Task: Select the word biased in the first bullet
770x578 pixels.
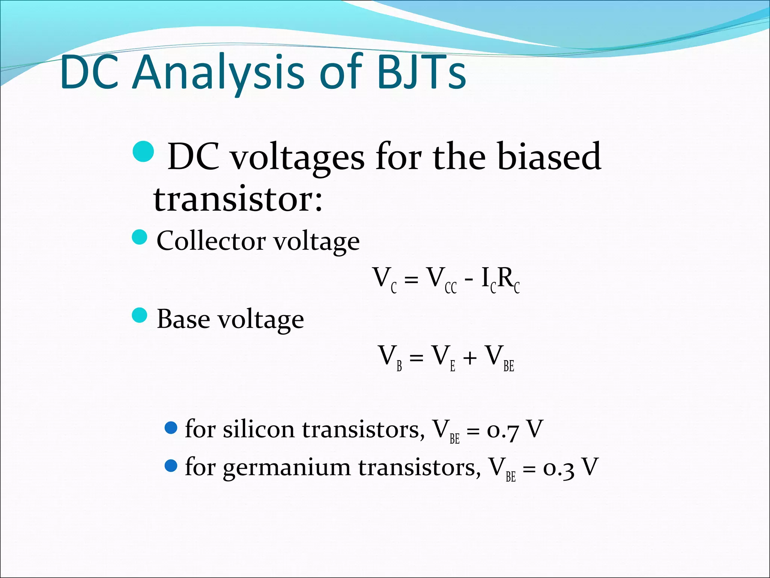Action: tap(549, 157)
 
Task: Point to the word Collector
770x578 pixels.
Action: tap(211, 241)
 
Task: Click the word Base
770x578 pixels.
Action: tap(183, 319)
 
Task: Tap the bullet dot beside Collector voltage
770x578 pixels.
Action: tap(140, 237)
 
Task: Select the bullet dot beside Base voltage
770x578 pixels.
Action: tap(140, 315)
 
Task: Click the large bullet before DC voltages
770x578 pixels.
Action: tap(144, 151)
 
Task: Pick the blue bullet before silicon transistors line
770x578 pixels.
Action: tap(171, 428)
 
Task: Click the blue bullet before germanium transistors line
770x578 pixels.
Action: tap(171, 466)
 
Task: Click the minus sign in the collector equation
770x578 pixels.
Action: tap(469, 279)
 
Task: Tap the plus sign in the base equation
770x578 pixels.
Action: tap(470, 357)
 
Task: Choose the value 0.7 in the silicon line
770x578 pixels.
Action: tap(503, 430)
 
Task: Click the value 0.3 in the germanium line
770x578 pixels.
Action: tap(559, 468)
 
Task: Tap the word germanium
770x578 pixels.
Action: tap(286, 468)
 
